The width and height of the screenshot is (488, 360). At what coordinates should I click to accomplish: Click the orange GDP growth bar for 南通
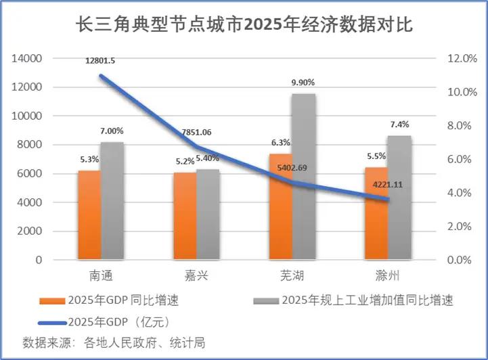(89, 215)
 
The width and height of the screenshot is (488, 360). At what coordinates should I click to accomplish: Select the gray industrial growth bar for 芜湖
(303, 177)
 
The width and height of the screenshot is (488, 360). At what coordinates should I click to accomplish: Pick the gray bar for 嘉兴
(208, 215)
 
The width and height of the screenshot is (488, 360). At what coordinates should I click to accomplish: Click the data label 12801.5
(100, 61)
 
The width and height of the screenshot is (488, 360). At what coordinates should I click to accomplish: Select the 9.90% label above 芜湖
(303, 82)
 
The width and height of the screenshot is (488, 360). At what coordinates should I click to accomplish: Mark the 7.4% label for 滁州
(399, 125)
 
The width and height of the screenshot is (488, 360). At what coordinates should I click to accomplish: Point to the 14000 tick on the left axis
(27, 59)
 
